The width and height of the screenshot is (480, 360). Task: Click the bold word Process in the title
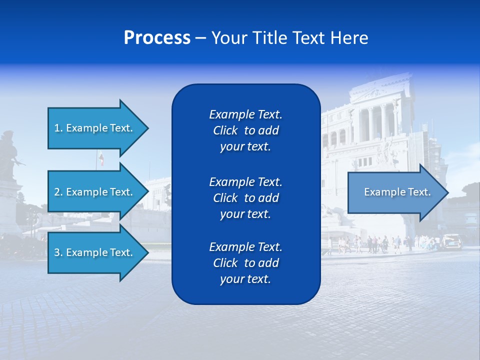(x=157, y=37)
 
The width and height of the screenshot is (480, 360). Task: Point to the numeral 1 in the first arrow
(x=57, y=128)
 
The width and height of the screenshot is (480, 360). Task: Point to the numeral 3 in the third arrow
(x=57, y=252)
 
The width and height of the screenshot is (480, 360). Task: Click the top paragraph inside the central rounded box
(x=245, y=130)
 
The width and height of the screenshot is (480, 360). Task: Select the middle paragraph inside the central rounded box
(x=245, y=198)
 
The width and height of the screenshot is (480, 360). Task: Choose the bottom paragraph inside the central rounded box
(x=245, y=263)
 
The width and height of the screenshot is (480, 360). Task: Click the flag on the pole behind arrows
(x=101, y=159)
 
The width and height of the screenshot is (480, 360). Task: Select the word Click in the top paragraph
(x=225, y=130)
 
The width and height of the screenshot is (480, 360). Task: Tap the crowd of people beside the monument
(x=375, y=243)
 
